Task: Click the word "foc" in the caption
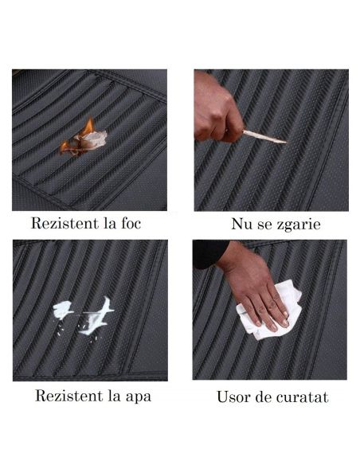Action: click(131, 223)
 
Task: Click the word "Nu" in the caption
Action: click(241, 224)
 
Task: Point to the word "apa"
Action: click(139, 397)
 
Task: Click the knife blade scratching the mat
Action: click(264, 137)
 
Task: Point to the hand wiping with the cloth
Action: click(255, 289)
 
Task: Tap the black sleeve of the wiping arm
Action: click(208, 252)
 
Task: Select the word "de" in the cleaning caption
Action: click(264, 397)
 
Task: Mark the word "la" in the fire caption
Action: click(110, 223)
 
